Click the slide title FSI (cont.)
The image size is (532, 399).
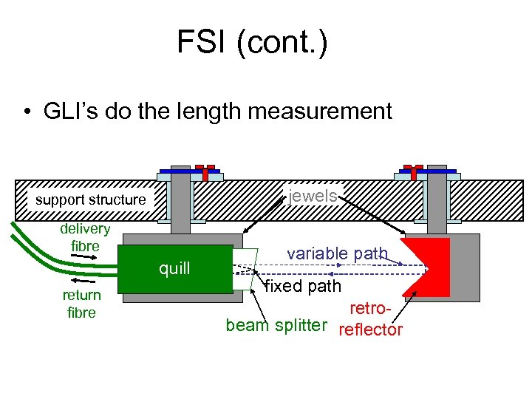[x=251, y=42]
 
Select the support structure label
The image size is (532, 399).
[x=91, y=199]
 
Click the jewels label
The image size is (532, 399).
[x=314, y=195]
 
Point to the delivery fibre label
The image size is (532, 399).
[x=85, y=237]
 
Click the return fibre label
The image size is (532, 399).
[x=81, y=304]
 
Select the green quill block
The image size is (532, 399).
[x=175, y=268]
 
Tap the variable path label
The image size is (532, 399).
[x=337, y=253]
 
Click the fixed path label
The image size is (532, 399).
[x=303, y=285]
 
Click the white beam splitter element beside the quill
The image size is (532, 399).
[x=244, y=268]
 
